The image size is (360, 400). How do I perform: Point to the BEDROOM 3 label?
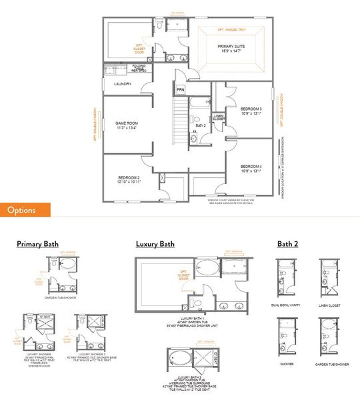251,110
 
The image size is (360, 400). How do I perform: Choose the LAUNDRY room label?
123,84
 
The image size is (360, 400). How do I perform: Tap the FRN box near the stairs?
181,89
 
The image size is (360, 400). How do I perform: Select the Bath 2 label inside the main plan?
200,125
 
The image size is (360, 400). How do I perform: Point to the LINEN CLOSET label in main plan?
219,118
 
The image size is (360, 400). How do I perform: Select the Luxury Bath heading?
155,244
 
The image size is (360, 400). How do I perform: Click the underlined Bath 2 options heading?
287,244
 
